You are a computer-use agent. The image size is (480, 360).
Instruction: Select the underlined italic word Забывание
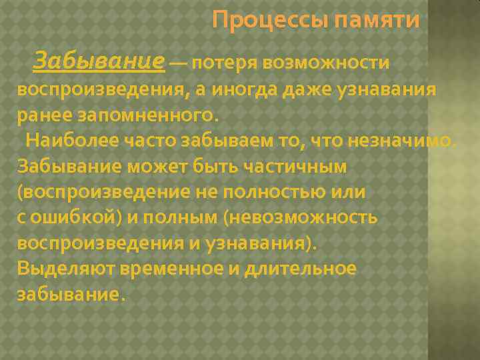99,62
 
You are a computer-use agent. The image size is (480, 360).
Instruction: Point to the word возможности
326,63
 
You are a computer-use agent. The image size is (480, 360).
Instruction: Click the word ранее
39,115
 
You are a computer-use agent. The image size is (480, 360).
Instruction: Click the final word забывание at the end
69,295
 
